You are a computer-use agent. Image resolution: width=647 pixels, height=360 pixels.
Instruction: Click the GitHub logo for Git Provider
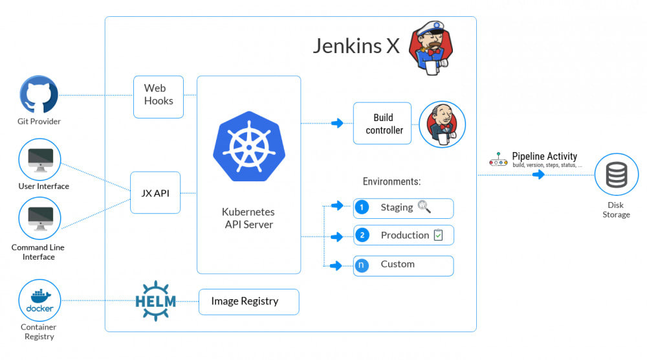point(39,95)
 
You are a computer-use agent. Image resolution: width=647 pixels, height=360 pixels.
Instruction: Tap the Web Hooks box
point(159,96)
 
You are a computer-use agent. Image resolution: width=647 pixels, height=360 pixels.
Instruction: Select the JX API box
point(155,193)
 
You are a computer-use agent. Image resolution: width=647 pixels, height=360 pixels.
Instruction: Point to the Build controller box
point(382,124)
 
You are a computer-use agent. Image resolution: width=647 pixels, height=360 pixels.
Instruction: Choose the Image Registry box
point(248,302)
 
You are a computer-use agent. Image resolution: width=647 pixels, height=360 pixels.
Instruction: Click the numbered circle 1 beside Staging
point(362,208)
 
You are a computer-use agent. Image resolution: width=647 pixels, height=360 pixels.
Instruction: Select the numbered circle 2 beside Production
point(362,236)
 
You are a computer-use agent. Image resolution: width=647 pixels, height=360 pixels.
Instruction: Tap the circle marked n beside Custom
point(362,265)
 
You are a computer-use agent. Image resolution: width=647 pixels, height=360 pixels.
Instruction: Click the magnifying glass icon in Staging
point(424,207)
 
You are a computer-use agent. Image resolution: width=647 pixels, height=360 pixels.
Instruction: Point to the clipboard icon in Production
point(439,235)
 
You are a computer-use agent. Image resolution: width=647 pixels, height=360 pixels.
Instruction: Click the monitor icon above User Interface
point(40,159)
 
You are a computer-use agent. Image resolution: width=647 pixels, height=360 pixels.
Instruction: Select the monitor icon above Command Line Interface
point(40,218)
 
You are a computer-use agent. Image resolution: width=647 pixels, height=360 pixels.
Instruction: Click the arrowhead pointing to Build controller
point(337,123)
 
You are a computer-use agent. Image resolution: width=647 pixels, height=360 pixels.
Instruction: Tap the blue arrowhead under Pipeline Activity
point(538,174)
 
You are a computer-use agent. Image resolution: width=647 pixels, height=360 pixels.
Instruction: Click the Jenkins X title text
point(356,46)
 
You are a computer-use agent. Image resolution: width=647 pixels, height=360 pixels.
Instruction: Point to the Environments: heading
point(391,182)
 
